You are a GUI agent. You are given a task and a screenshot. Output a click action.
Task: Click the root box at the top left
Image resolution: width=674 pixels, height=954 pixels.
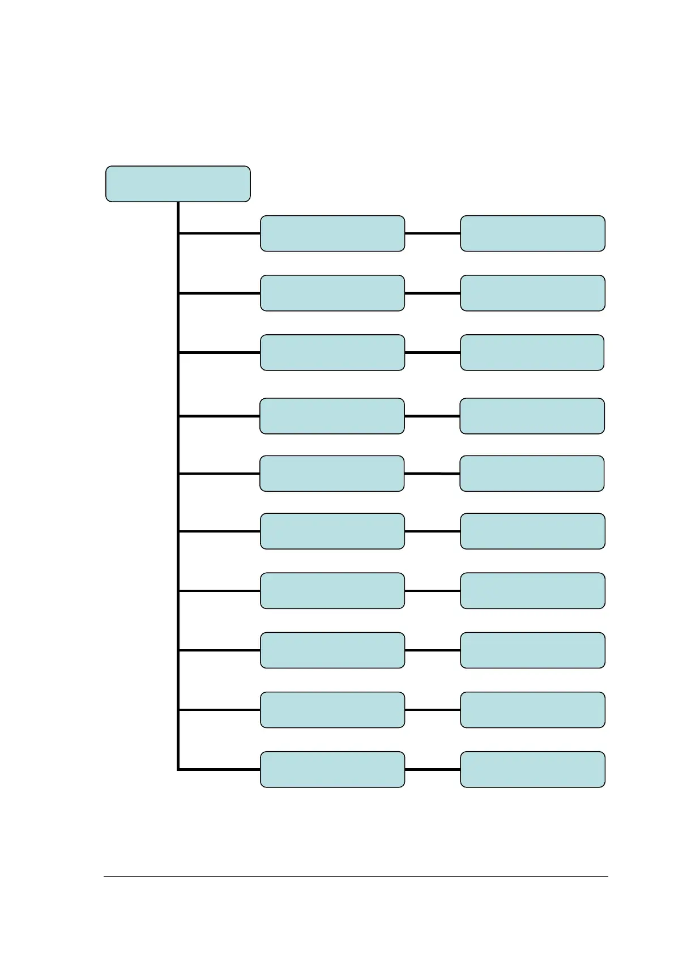point(178,184)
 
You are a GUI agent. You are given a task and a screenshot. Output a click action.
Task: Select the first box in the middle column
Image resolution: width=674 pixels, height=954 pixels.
point(332,233)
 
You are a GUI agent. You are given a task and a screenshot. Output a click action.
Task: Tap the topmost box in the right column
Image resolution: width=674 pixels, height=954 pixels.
point(532,233)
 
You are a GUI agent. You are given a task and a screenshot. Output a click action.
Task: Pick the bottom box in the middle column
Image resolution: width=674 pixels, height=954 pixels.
point(332,769)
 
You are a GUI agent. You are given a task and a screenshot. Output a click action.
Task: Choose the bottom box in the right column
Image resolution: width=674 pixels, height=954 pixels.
point(532,769)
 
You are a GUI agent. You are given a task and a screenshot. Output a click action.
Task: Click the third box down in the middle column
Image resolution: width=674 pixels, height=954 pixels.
point(332,352)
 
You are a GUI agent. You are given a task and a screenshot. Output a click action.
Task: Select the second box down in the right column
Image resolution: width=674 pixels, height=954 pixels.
point(532,293)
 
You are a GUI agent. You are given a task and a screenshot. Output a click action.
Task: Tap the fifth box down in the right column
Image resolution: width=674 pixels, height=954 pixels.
point(532,473)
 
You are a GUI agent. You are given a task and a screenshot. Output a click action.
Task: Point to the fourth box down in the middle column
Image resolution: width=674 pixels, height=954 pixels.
point(332,416)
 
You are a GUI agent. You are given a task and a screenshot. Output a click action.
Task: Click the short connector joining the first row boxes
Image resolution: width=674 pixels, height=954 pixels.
point(433,233)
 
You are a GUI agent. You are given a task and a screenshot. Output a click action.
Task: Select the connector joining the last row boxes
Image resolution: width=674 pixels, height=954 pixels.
point(433,769)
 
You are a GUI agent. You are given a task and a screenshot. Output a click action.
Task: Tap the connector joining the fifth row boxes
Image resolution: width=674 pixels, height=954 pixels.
point(432,473)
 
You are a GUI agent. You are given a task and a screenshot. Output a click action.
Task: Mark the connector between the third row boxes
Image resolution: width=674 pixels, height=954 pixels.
point(433,352)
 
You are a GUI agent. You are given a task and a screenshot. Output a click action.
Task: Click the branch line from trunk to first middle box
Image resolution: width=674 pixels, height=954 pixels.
point(219,233)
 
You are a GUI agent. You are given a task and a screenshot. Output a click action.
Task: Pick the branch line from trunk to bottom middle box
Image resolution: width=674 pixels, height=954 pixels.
point(219,769)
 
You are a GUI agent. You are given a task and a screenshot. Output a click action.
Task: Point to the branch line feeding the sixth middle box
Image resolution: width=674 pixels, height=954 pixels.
point(219,531)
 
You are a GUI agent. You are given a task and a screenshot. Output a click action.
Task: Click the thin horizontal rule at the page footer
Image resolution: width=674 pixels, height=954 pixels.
point(356,877)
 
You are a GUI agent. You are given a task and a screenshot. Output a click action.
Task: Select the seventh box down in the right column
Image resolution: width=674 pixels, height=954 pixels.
point(532,590)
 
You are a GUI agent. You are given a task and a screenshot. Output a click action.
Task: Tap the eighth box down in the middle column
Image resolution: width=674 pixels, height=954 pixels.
point(332,650)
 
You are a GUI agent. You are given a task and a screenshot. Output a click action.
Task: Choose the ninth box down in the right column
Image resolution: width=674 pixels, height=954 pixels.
point(532,709)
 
